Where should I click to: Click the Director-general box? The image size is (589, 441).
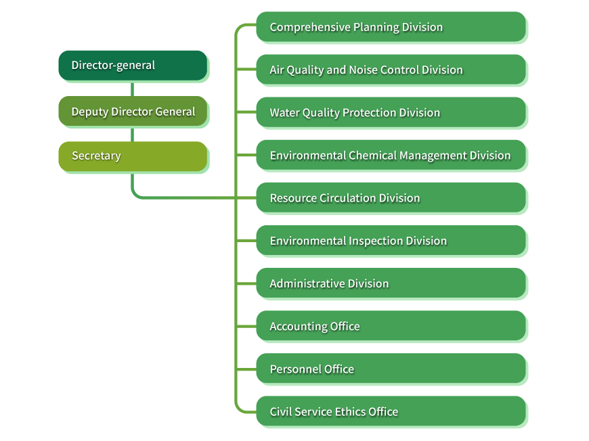132,66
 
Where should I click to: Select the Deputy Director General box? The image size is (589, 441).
132,112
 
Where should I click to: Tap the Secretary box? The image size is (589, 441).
132,156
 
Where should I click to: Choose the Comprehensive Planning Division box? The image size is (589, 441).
391,27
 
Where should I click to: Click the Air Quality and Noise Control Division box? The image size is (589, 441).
391,70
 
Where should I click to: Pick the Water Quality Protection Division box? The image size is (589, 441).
391,112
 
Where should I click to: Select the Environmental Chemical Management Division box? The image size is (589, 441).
391,155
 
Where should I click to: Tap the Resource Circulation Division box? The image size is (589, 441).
391,198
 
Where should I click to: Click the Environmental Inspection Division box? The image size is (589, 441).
391,240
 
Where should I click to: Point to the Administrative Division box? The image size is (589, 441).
391,283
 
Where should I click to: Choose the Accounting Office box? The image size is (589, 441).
391,325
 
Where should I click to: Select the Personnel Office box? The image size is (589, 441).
391,368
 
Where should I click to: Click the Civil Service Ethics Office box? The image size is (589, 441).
391,411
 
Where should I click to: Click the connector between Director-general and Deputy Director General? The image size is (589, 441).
132,89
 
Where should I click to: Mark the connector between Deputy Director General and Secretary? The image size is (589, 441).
132,134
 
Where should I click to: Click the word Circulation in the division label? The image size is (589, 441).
347,198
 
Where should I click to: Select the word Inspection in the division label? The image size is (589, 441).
376,241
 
